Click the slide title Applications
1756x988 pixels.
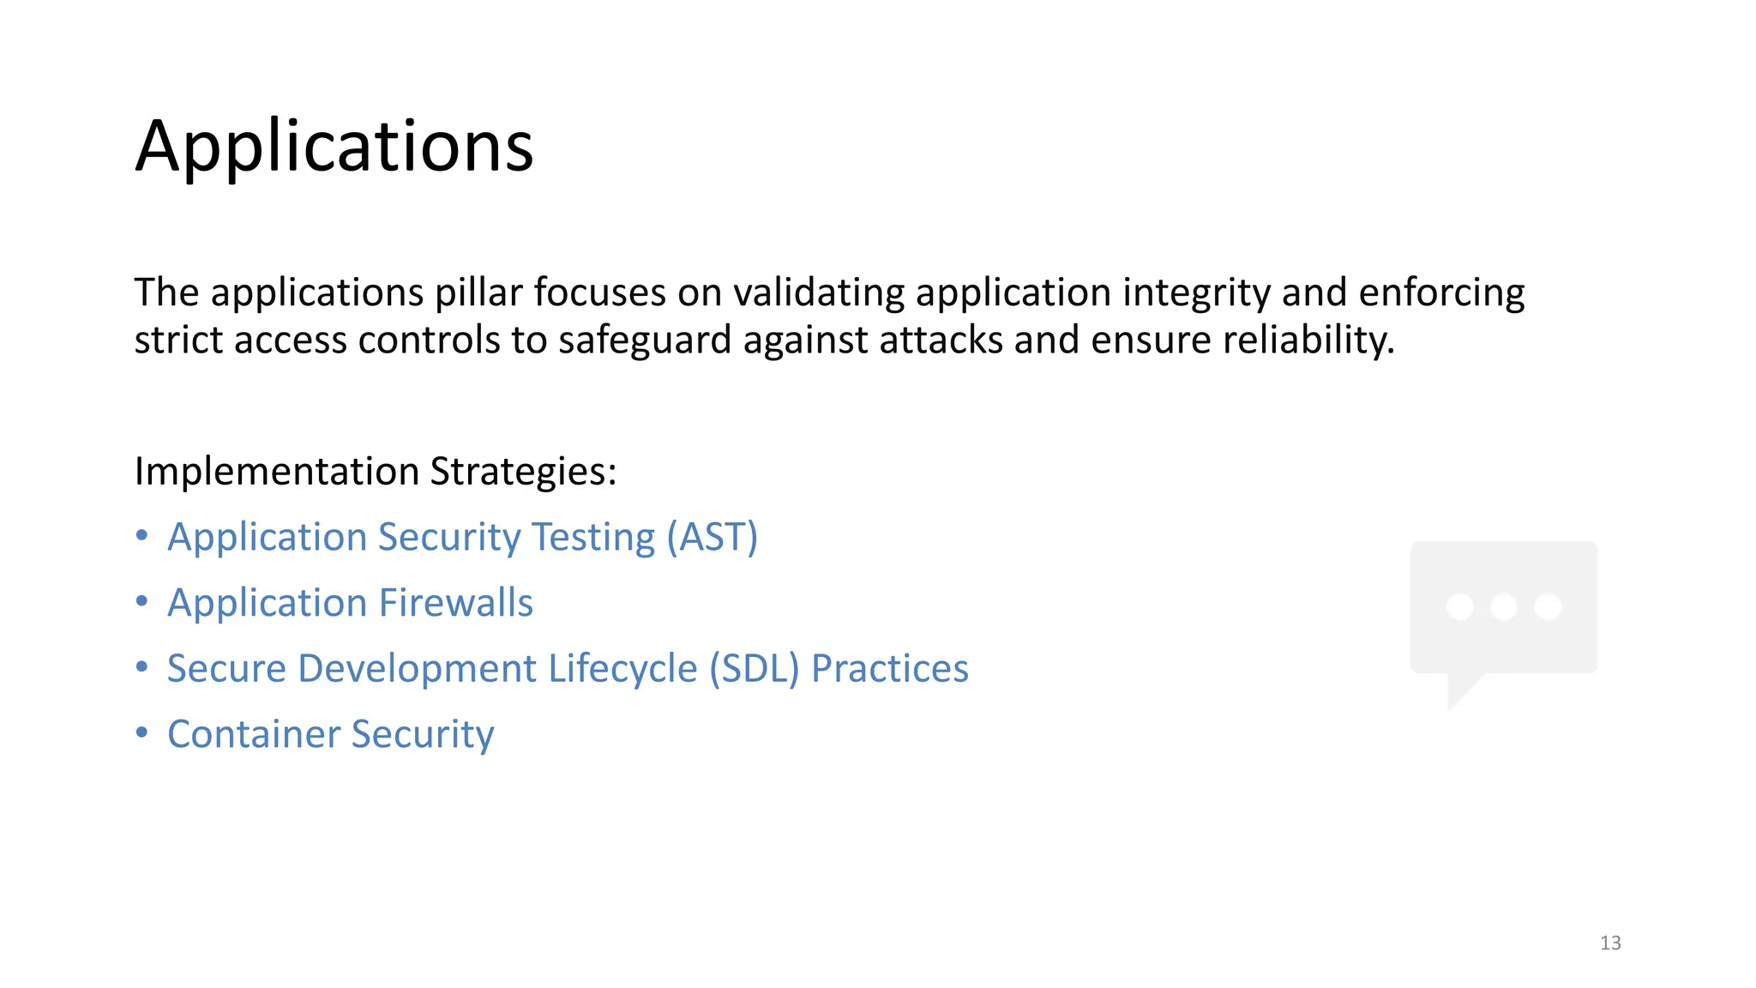coord(334,147)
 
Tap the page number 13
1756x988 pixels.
coord(1610,943)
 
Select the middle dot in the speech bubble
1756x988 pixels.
coord(1504,607)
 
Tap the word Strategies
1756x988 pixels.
coord(523,472)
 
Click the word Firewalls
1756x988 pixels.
coord(456,603)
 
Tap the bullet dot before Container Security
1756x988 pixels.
coord(142,733)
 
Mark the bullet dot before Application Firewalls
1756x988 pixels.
coord(142,602)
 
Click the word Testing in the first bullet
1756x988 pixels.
coord(593,538)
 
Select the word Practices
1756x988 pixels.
coord(889,669)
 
